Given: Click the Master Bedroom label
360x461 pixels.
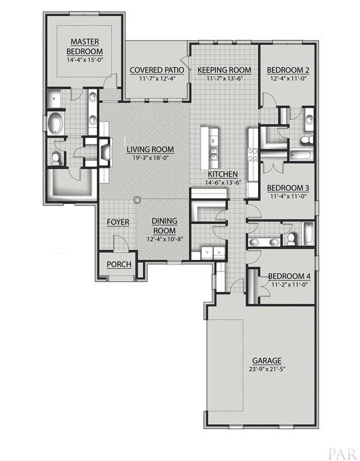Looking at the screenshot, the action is coord(85,47).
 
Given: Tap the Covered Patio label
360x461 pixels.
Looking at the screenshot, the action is coord(157,70).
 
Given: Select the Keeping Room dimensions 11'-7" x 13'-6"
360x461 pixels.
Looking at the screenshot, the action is coord(224,78).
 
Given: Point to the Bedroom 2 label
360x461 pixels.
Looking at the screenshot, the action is coord(288,70).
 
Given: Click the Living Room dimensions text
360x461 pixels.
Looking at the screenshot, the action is coord(150,158).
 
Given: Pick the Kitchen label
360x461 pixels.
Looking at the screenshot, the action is coord(223,174).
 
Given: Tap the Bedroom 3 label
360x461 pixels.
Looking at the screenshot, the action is coord(288,188).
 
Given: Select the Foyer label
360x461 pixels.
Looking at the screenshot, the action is coord(118,222).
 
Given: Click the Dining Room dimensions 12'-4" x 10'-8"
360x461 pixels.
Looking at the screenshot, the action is coord(165,239).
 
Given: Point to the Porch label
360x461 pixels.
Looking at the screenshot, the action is coord(119,264).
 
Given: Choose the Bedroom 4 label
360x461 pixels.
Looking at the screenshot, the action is coord(289,277).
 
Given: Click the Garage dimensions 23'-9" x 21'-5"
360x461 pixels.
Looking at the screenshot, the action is coord(267,369).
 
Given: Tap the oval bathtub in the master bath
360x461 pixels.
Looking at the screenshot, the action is coord(55,124).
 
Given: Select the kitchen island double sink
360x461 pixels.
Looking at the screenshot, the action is coord(214,153).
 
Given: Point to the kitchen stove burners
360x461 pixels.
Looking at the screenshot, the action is coord(253,154).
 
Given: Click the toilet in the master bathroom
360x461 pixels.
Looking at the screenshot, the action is coord(55,159).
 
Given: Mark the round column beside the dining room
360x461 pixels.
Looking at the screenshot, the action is coord(137,200).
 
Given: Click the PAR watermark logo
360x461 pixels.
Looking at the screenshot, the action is coord(343,454).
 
